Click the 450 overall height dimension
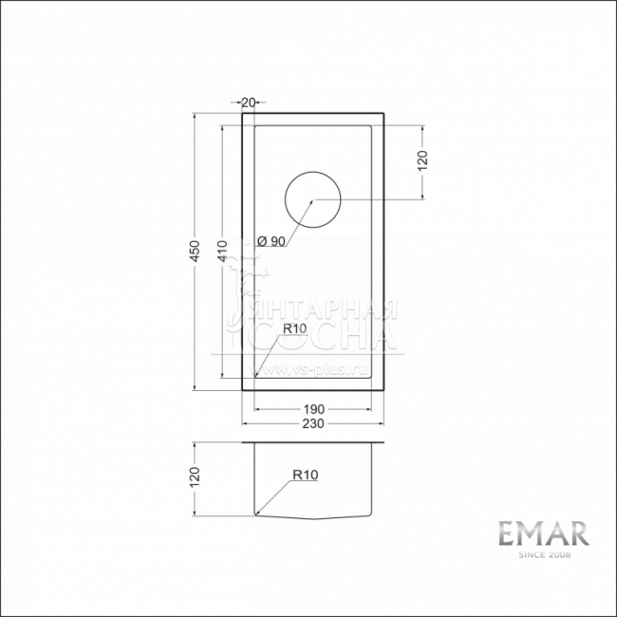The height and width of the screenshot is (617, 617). click(194, 251)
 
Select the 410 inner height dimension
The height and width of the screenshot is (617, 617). click(222, 251)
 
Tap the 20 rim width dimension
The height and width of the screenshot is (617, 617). click(250, 102)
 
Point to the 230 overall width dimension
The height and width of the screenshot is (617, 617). click(313, 422)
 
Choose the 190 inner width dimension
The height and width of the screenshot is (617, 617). click(313, 408)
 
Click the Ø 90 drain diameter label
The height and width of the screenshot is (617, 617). click(271, 241)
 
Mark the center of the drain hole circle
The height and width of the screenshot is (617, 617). click(313, 200)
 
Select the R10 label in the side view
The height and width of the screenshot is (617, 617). click(305, 475)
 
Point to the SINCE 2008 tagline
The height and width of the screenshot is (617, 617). click(544, 555)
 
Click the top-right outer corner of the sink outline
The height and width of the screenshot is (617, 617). click(384, 114)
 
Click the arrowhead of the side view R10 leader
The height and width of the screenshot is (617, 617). click(258, 513)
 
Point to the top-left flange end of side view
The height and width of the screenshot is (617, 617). click(243, 443)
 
